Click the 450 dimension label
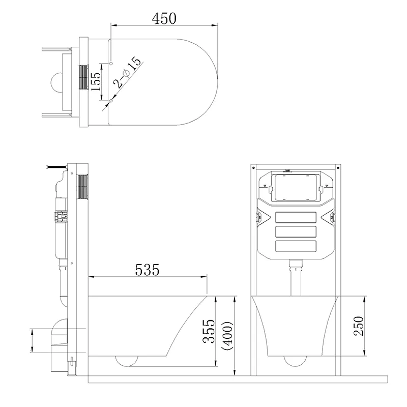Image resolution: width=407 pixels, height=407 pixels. [164, 18]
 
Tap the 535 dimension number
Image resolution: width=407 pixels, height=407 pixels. [147, 270]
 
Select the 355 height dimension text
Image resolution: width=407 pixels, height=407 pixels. [209, 331]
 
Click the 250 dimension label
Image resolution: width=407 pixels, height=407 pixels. [359, 326]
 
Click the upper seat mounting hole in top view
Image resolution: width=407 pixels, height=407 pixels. [111, 63]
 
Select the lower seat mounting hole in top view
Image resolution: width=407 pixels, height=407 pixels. [111, 101]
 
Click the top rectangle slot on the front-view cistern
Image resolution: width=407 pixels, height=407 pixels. [296, 217]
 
